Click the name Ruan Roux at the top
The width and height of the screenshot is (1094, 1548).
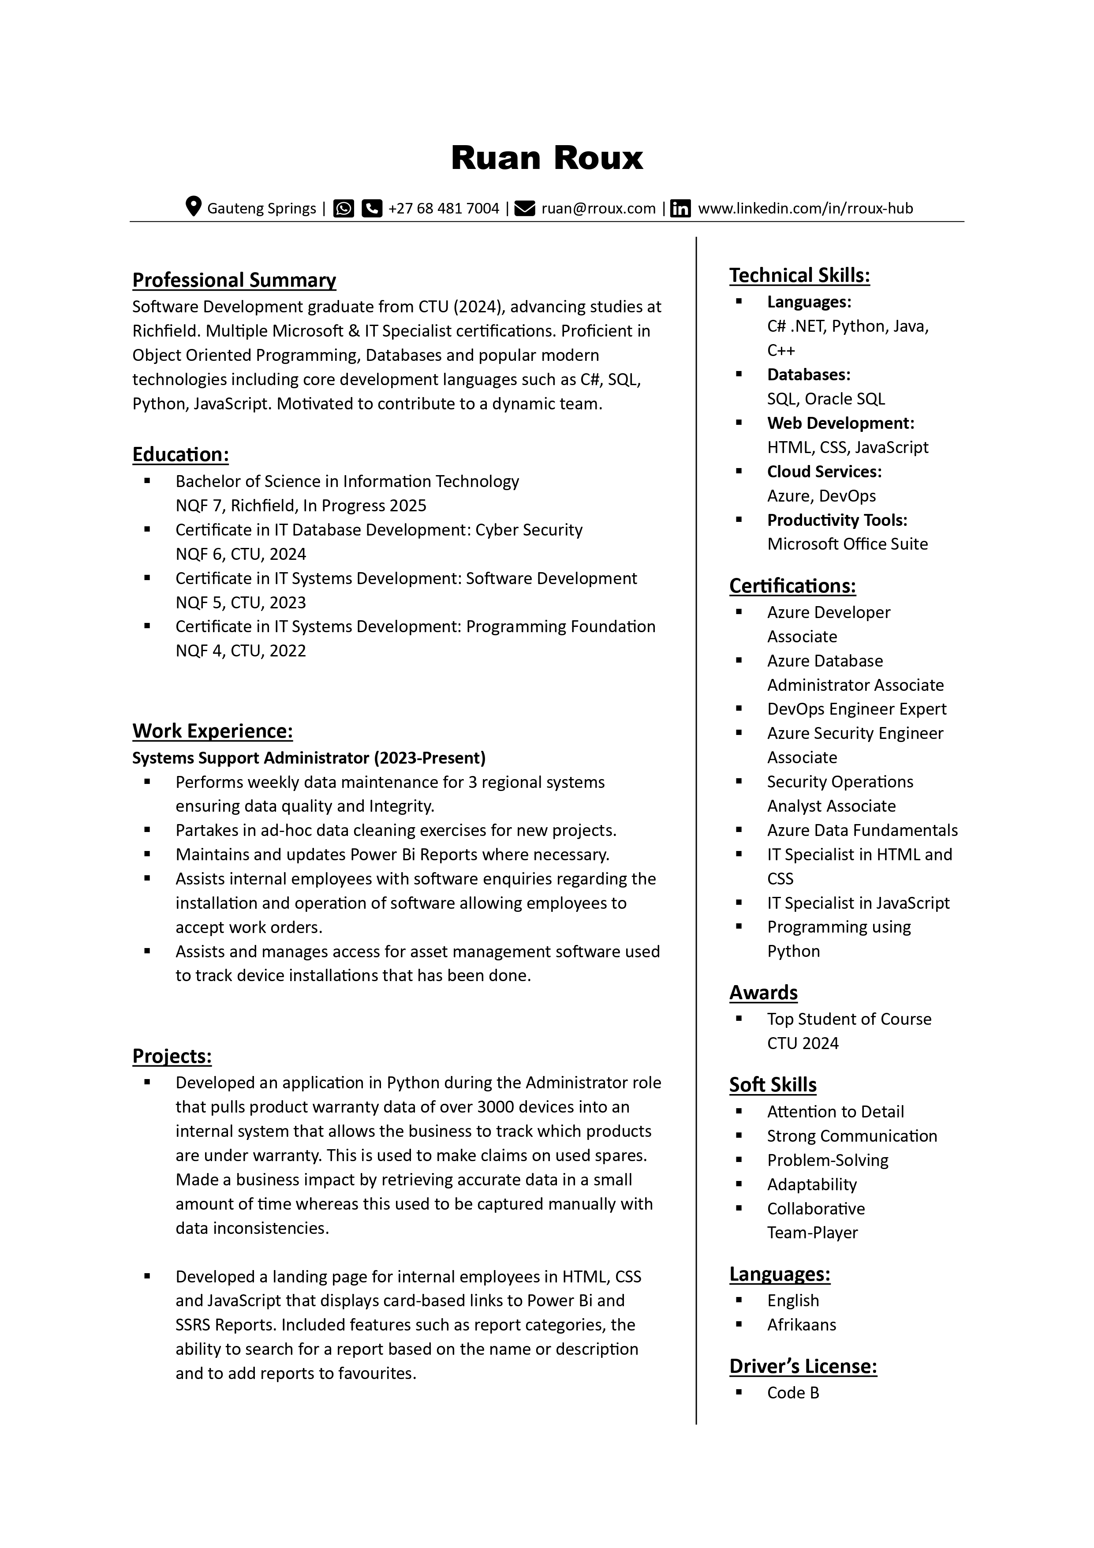(x=547, y=158)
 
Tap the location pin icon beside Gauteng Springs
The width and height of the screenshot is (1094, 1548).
(x=194, y=207)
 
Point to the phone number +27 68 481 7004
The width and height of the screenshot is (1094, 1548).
(x=444, y=208)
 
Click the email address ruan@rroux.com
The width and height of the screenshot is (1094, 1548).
(x=598, y=208)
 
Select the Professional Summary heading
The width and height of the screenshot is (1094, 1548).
(x=234, y=280)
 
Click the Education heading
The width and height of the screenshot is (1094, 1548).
(x=180, y=454)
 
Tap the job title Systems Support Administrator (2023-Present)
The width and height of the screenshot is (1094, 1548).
(x=309, y=758)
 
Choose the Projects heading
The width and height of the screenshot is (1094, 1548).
(x=172, y=1056)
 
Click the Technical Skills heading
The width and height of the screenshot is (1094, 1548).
(x=799, y=275)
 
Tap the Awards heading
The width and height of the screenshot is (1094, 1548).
(x=763, y=993)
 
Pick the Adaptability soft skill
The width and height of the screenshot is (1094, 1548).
(x=811, y=1184)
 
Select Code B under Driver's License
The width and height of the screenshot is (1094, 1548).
(x=793, y=1393)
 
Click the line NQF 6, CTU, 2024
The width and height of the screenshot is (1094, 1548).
(x=241, y=554)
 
